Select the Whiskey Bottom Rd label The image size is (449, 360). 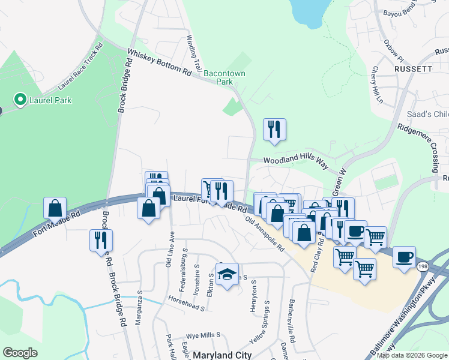pos(159,62)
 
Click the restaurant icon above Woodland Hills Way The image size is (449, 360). pos(274,130)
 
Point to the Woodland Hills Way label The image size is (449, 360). pos(297,161)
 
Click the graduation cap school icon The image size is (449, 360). pos(227,275)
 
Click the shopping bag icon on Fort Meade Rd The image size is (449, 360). pos(55,209)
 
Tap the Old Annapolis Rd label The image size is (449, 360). pos(265,233)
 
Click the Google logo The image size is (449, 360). pos(20,353)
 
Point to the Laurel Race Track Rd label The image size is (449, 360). pos(80,67)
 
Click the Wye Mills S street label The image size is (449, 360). pos(202,334)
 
